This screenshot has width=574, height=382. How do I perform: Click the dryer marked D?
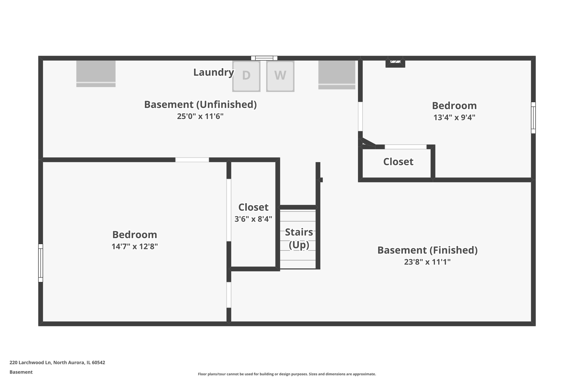(246, 76)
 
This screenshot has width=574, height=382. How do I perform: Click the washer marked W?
(280, 76)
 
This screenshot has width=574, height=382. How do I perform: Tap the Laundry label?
(213, 72)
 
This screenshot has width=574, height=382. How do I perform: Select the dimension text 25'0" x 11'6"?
(200, 116)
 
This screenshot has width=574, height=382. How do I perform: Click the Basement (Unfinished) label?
(200, 104)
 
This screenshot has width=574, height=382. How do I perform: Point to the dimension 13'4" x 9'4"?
(454, 118)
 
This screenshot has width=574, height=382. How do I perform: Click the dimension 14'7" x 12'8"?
(135, 247)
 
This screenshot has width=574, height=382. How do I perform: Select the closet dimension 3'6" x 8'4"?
(253, 219)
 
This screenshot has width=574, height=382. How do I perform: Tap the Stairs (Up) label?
(299, 238)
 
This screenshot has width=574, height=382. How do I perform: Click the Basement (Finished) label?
(427, 250)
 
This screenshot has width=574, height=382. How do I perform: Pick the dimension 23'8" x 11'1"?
(427, 262)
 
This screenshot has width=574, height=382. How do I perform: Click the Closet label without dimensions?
(398, 162)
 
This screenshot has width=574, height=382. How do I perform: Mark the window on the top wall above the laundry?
(264, 58)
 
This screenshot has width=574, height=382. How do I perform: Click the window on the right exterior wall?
(533, 118)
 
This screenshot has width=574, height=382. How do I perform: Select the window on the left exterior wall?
(41, 263)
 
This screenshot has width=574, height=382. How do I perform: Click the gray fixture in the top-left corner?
(96, 74)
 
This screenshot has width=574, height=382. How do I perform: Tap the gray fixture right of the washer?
(337, 75)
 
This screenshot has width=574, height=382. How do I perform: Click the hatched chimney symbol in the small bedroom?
(395, 62)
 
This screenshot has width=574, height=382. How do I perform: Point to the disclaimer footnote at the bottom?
(287, 374)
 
